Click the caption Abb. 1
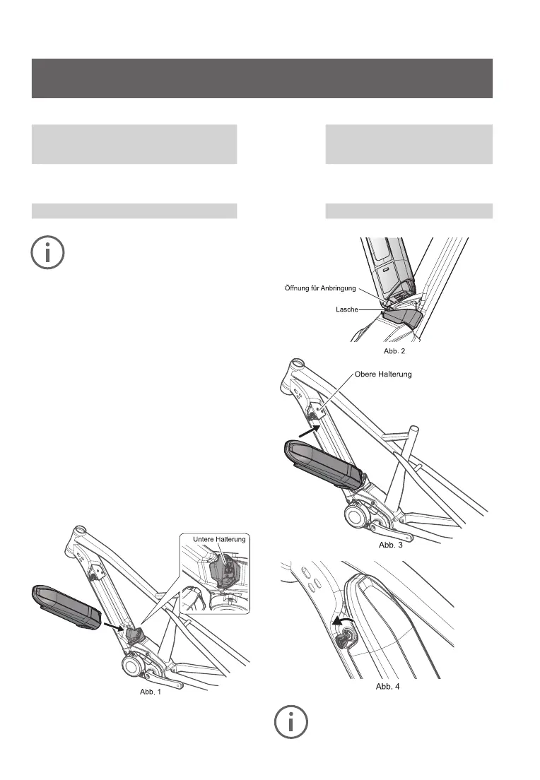point(150,692)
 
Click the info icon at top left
point(47,252)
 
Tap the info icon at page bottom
point(291,721)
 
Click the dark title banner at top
point(262,78)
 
